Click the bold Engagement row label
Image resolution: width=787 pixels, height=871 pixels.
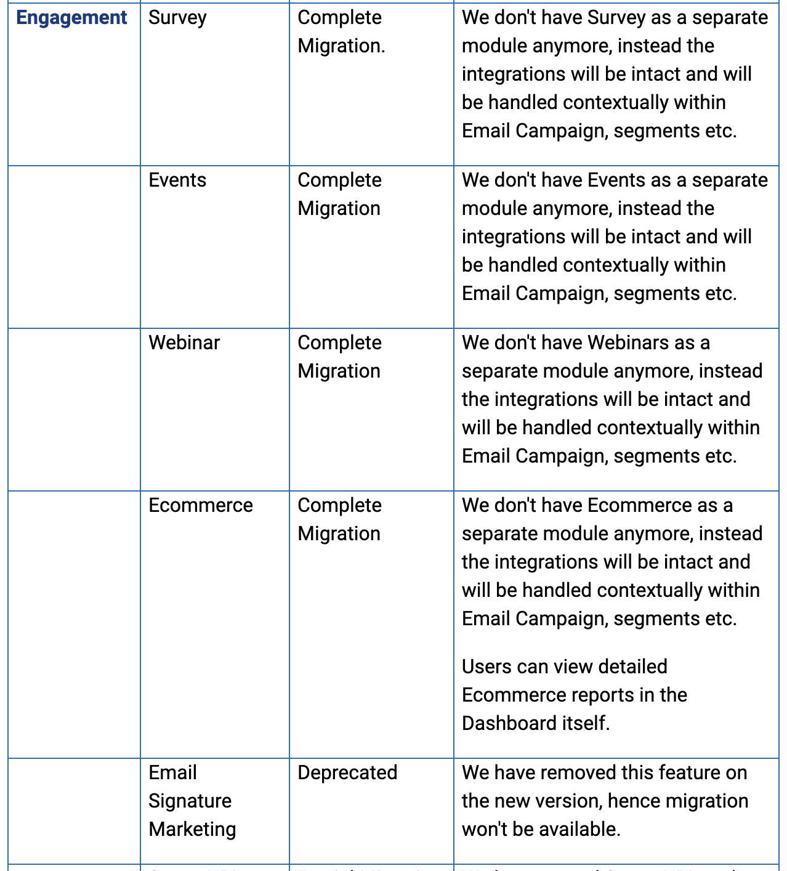[x=71, y=18]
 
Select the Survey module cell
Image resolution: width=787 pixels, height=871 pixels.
[x=177, y=18]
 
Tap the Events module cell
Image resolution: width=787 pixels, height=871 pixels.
[x=177, y=180]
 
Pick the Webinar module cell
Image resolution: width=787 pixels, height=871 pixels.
[x=184, y=343]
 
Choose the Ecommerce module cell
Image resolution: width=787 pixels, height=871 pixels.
[x=201, y=506]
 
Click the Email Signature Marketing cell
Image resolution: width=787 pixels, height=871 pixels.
[x=192, y=801]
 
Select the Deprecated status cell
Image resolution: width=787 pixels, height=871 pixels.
[x=347, y=773]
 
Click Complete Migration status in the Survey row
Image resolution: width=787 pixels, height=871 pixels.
[x=341, y=32]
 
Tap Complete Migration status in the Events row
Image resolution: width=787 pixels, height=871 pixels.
[x=339, y=195]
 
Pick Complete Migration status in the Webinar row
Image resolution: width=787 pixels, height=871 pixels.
[x=339, y=357]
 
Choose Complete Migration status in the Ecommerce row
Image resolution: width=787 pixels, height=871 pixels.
[x=339, y=520]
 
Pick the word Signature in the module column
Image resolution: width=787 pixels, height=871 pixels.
[x=190, y=801]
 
